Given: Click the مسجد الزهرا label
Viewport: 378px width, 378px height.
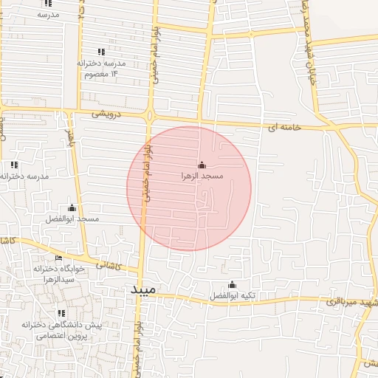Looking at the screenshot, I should click(x=202, y=177).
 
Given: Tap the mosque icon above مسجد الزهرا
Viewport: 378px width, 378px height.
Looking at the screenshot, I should click(x=202, y=165).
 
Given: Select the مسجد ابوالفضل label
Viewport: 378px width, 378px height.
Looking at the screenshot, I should click(x=72, y=220).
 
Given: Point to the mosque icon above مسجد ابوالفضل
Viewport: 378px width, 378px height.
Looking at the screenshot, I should click(x=72, y=208).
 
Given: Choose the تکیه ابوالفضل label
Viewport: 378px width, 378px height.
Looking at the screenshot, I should click(x=232, y=296).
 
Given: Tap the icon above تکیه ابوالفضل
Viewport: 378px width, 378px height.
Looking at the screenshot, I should click(x=232, y=284).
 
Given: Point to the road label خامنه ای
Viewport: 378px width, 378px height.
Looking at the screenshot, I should click(x=284, y=128).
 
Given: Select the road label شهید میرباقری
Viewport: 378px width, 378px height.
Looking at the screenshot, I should click(x=354, y=303).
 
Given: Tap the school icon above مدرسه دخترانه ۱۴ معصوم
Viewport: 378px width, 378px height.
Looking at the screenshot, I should click(x=101, y=52).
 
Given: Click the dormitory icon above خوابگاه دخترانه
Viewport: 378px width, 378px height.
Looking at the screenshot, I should click(x=58, y=258).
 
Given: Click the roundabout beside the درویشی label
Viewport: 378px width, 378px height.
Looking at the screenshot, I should click(x=150, y=116).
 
